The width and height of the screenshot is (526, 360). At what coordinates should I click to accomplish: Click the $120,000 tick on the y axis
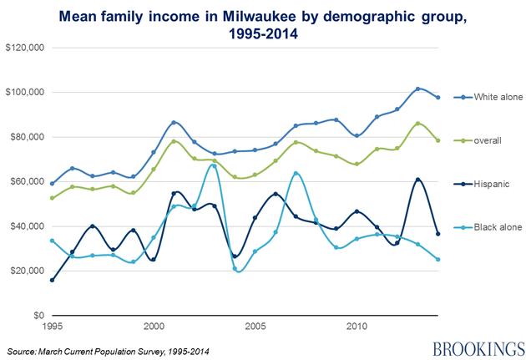(x=24, y=48)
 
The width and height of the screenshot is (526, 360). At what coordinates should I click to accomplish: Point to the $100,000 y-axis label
(x=24, y=92)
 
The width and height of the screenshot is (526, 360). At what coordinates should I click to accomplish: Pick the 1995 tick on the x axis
(x=52, y=327)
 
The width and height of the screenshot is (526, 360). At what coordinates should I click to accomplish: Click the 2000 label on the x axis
(x=154, y=327)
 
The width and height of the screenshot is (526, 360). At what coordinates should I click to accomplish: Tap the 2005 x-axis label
(x=255, y=327)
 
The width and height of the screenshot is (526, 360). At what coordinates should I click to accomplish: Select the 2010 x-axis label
(x=357, y=327)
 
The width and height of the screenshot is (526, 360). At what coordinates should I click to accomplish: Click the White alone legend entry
(x=493, y=98)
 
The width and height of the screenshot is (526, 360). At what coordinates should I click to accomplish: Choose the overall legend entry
(x=488, y=140)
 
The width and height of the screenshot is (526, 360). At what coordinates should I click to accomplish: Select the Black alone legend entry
(x=493, y=226)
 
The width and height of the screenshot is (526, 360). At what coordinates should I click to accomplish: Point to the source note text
(x=107, y=349)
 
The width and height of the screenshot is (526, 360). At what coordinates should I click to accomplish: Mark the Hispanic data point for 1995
(x=52, y=280)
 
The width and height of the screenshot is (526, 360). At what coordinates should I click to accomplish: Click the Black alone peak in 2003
(x=215, y=166)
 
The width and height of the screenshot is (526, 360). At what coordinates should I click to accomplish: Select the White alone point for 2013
(x=418, y=89)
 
